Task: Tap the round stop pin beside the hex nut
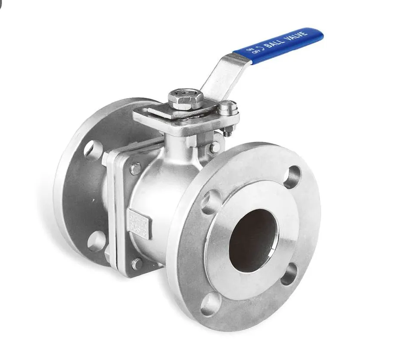pos(229,107)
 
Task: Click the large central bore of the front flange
pos(252,235)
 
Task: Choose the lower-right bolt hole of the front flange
pos(289,274)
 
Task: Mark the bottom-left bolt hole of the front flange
pos(211,304)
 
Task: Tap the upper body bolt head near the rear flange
pos(135,169)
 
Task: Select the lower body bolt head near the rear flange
pos(137,263)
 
